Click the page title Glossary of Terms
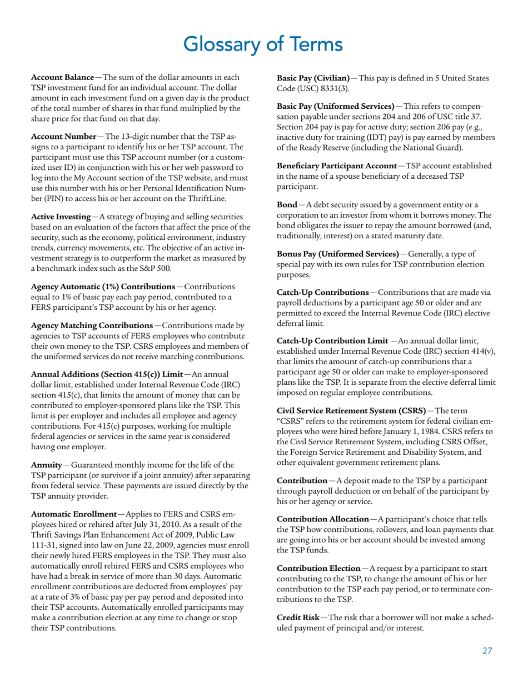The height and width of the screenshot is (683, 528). (263, 43)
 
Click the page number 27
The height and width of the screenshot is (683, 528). (487, 651)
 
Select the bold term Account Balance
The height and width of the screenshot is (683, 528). (62, 76)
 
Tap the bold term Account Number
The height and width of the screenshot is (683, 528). (62, 136)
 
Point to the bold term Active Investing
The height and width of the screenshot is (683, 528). (61, 216)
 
